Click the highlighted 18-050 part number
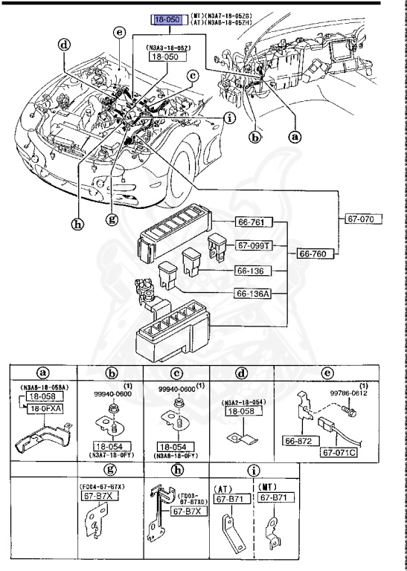click(x=167, y=20)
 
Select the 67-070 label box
click(x=363, y=219)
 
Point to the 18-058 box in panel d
click(x=242, y=410)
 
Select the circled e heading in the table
click(x=326, y=372)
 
